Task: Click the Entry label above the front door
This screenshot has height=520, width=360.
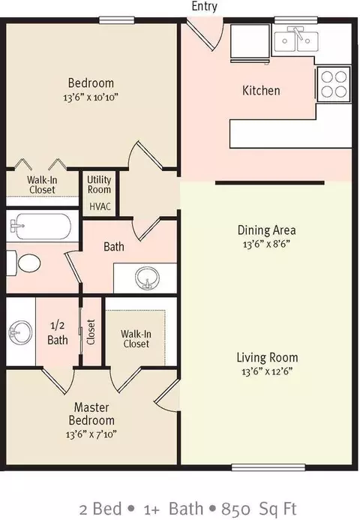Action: point(205,6)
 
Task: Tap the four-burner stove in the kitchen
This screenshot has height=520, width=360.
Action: point(334,84)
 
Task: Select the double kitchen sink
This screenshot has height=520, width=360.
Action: point(295,40)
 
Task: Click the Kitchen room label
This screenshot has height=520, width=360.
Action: point(261,91)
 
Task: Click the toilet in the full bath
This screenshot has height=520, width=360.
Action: point(24,263)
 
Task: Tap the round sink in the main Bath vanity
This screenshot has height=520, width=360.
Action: point(147,278)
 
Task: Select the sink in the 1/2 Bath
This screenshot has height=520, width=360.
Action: point(20,332)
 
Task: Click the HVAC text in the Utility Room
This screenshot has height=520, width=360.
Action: point(100,206)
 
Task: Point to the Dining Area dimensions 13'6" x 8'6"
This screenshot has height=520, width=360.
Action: point(266,245)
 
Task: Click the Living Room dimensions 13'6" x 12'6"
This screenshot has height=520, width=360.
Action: point(267,371)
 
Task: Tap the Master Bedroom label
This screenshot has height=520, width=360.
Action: point(91,413)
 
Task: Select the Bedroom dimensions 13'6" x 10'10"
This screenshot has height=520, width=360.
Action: point(91,97)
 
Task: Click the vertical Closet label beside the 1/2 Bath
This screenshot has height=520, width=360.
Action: point(91,332)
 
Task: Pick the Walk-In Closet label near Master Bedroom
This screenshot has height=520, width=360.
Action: point(136,338)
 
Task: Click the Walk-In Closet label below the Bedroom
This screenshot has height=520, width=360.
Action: point(42,185)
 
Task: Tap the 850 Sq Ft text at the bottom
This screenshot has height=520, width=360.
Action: point(259,509)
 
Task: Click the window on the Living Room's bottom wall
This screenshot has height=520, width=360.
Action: point(268,467)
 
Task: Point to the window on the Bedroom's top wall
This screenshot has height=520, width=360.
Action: point(117,20)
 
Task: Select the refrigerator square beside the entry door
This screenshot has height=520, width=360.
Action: point(250,41)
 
